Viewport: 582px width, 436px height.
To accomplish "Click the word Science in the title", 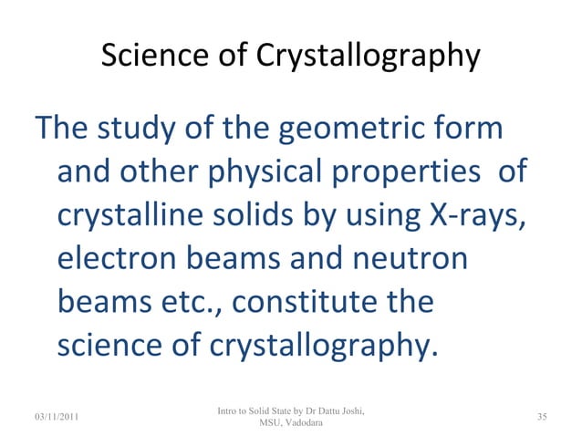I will [x=149, y=57].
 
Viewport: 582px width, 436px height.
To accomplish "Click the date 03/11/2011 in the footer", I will [x=53, y=418].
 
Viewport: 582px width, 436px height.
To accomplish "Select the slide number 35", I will [x=542, y=418].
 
